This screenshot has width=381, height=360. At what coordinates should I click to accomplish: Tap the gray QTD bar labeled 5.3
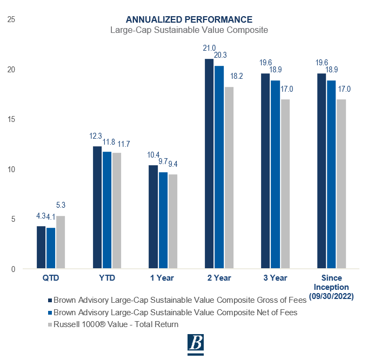tap(60, 242)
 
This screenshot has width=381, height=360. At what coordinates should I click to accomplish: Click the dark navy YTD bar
tap(97, 207)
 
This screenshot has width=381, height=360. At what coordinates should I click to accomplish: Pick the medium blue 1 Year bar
tap(163, 220)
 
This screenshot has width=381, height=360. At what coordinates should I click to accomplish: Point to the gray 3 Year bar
tap(285, 184)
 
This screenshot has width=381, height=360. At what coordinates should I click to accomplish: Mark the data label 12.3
tap(96, 137)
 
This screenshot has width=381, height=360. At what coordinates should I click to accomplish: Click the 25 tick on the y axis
tap(11, 20)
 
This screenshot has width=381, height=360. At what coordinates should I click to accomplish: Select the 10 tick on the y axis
tap(11, 169)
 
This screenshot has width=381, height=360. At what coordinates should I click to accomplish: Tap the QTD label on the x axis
tap(51, 279)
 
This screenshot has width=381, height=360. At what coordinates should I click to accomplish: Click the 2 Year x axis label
tap(220, 279)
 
